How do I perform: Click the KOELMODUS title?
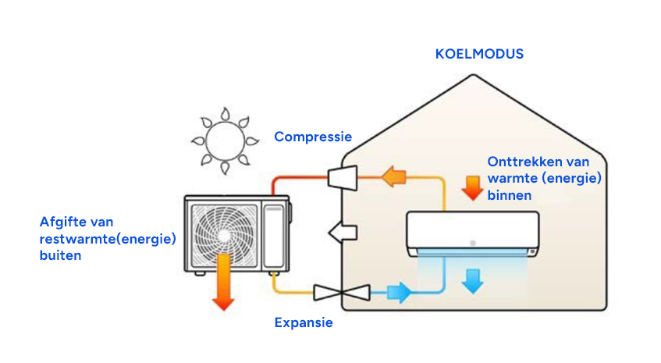(479, 55)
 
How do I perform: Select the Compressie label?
(312, 137)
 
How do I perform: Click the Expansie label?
(304, 322)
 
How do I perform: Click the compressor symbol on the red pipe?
(342, 177)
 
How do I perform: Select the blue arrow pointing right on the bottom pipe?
(400, 293)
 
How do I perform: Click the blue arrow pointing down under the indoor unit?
(471, 279)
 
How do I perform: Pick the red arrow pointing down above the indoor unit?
(471, 187)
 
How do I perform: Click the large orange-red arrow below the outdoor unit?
(224, 281)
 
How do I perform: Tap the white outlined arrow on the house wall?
(343, 232)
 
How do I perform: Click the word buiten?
(60, 255)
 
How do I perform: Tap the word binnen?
(510, 195)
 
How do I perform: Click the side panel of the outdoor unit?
(274, 235)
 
